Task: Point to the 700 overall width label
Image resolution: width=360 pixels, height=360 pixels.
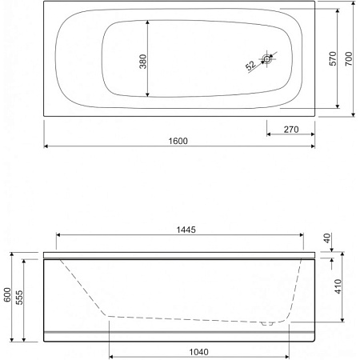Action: click(349, 59)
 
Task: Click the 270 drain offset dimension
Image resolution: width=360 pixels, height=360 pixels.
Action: click(290, 129)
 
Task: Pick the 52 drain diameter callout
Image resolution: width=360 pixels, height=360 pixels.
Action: click(250, 65)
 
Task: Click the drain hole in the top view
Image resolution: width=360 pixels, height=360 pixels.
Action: click(268, 58)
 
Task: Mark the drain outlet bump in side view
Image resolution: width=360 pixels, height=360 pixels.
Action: click(270, 324)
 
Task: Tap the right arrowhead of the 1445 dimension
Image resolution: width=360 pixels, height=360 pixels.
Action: click(302, 235)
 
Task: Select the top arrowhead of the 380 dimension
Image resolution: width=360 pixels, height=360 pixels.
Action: click(149, 22)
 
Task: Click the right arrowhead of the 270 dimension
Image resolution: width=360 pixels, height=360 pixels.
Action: click(314, 135)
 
